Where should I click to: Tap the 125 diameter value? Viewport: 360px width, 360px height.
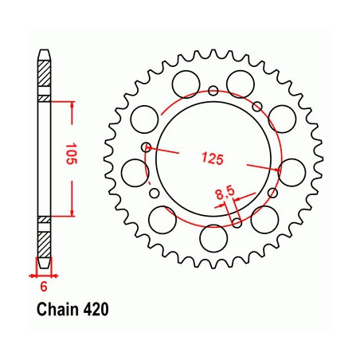213,158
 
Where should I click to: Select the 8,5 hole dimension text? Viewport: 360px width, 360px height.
225,194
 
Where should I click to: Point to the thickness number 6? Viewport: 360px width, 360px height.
44,287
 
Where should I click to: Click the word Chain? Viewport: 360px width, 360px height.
57,310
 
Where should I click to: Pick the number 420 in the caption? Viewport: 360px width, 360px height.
96,310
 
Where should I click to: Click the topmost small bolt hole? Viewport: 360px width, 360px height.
213,91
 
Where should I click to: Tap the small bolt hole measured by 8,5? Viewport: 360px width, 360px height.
237,223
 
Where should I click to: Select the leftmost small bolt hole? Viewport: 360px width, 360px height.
146,147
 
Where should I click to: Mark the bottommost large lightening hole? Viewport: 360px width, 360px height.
213,238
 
